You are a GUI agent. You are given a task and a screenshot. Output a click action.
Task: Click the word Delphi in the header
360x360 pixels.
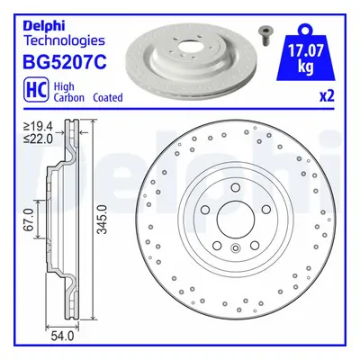(x=44, y=26)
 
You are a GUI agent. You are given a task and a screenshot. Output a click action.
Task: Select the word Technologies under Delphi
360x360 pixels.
(x=64, y=40)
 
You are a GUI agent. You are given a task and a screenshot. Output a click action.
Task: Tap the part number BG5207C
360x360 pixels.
(x=65, y=62)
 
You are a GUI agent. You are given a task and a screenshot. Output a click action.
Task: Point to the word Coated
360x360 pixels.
(x=108, y=97)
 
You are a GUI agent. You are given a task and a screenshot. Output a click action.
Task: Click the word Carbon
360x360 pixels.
(x=69, y=97)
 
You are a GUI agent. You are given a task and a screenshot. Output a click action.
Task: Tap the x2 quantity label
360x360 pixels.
(x=326, y=96)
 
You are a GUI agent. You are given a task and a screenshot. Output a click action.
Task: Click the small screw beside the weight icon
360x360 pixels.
(x=263, y=35)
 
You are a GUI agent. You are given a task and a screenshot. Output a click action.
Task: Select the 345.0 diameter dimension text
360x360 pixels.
(x=103, y=220)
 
